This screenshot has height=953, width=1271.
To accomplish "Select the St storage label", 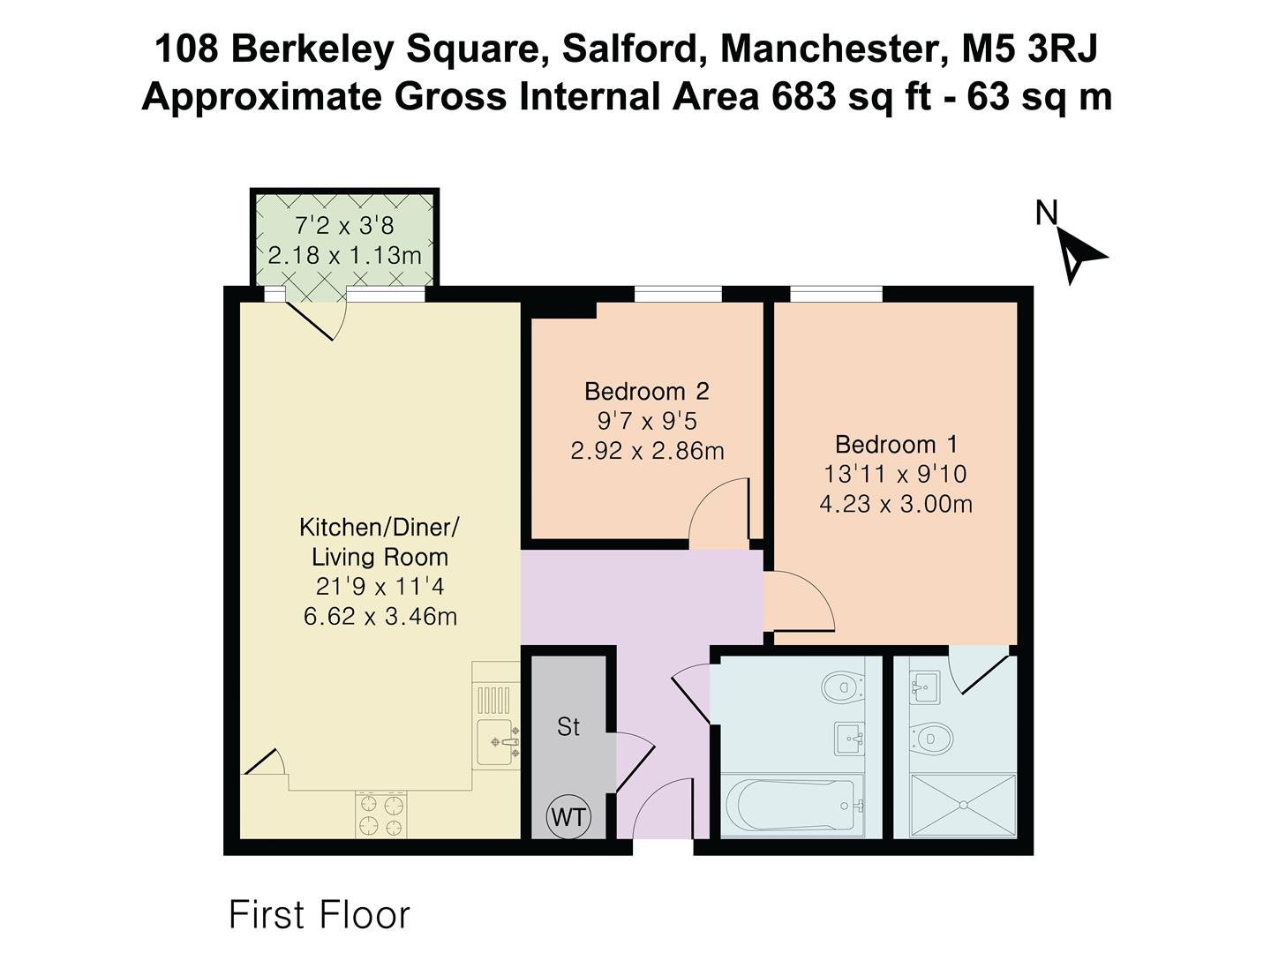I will pos(568,726).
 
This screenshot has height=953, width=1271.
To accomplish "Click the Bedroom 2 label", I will pos(647,391).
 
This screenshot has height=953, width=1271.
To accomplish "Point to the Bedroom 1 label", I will pos(896,444).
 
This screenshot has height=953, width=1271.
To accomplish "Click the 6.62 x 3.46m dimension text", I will pos(380,616).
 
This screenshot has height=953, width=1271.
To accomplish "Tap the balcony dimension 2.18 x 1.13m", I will pos(345,256).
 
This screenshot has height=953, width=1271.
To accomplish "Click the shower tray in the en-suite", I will pos(963,806).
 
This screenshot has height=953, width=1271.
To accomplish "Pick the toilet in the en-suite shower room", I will pos(931,737).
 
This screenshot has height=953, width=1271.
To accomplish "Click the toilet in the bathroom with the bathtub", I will pos(842,686).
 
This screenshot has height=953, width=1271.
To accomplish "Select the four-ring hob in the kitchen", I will pos(380,814).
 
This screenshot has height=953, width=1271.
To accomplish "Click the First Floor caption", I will pos(320,915).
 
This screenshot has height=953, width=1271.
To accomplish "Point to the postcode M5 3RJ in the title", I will pos(1030,49).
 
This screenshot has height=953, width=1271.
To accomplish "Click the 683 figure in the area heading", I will pos(804,96).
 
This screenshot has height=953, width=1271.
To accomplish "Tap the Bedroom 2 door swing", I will pos(719,512).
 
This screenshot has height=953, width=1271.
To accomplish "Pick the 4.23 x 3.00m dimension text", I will pos(896,504).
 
